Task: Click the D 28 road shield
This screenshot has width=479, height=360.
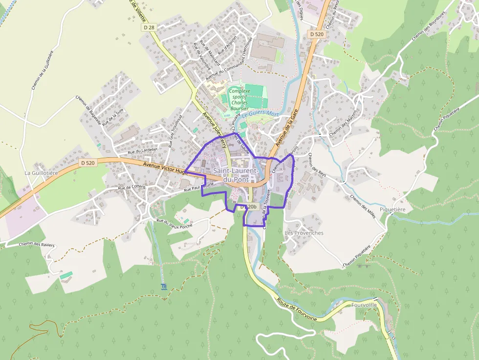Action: [149, 28]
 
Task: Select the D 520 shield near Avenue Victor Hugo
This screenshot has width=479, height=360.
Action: [88, 163]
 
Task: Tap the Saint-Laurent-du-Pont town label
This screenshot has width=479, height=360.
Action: [236, 175]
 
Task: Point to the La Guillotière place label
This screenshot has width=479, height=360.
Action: [42, 173]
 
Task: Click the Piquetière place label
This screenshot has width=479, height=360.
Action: [395, 209]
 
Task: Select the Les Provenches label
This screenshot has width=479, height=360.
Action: [304, 233]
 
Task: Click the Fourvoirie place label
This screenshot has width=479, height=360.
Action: [364, 305]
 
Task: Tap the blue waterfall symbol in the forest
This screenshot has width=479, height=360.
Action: [163, 286]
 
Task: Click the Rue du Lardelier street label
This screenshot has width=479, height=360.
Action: [143, 150]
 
